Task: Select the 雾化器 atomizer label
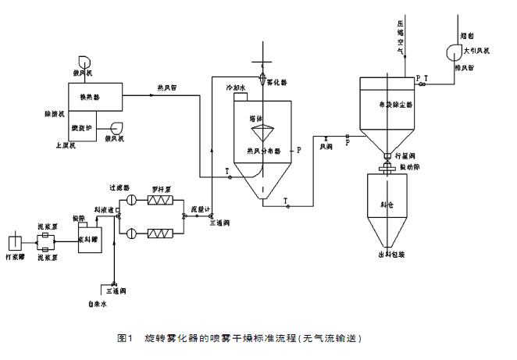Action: [x=277, y=80]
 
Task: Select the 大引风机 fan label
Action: [x=477, y=51]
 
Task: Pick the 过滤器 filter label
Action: [x=120, y=187]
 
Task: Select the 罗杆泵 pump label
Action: [x=163, y=187]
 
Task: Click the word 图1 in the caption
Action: [x=123, y=338]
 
